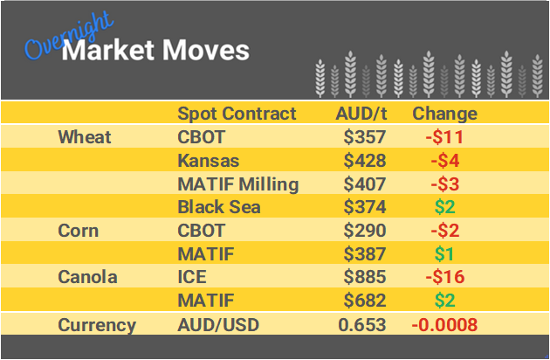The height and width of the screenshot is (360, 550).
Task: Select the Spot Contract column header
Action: coord(237,114)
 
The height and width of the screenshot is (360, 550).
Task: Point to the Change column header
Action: coord(444,114)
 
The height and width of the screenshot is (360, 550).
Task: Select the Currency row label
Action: coord(97,325)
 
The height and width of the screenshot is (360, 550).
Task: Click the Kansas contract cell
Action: coord(208,161)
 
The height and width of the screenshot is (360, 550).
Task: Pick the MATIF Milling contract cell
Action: coord(237,184)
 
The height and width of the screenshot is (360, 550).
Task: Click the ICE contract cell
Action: coord(193,278)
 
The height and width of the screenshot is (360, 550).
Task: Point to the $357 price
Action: coord(366,137)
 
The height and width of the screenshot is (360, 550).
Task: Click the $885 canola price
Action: coord(366,278)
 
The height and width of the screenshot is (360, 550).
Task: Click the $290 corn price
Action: coord(366,232)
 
